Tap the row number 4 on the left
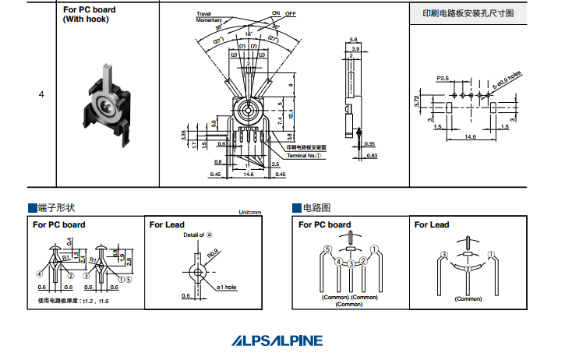click(x=41, y=94)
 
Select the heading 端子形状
click(x=56, y=208)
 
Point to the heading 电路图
click(x=316, y=208)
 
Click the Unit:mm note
click(x=249, y=213)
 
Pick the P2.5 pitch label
click(x=443, y=79)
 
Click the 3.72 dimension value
click(x=418, y=101)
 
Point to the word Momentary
click(x=209, y=19)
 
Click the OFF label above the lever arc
click(x=291, y=14)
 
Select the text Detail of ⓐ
click(x=198, y=235)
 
